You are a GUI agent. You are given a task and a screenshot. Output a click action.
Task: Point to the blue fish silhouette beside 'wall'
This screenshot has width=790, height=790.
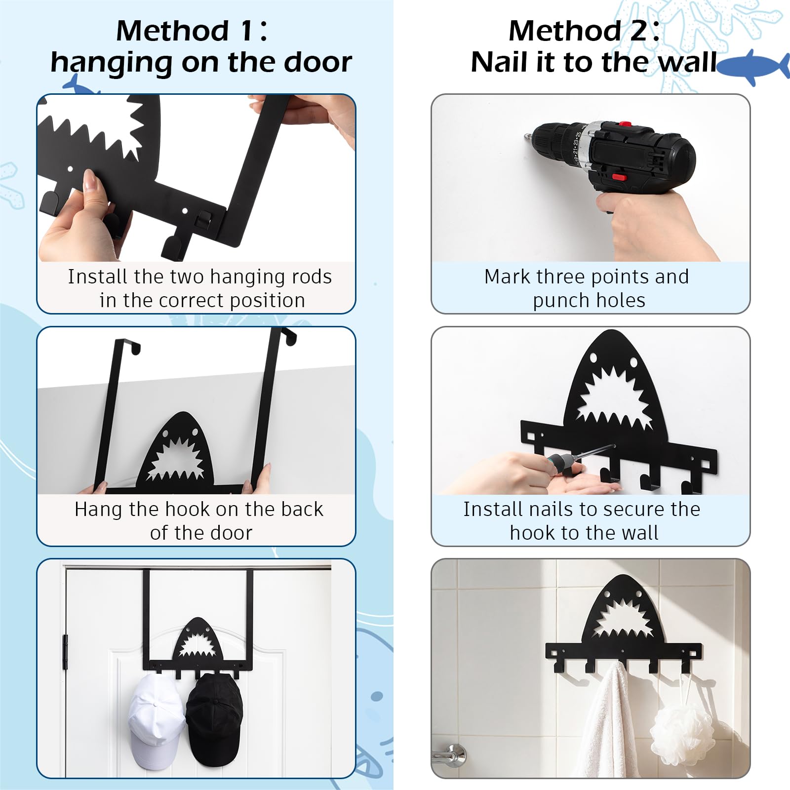click(753, 67)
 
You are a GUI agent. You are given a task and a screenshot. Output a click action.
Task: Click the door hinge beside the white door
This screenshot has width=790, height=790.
click(65, 652)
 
